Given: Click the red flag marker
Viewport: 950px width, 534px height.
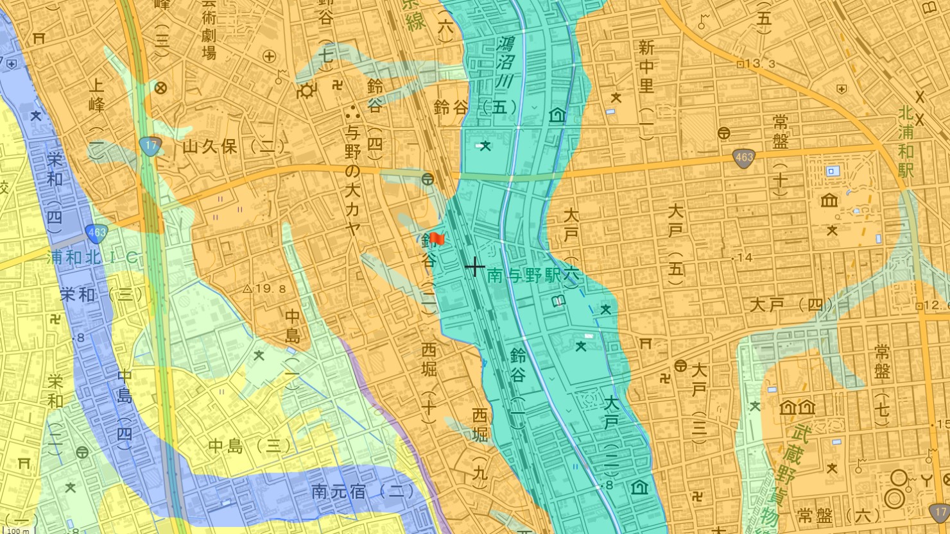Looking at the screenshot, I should click(436, 238).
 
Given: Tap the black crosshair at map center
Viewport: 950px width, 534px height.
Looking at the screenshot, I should click(474, 266).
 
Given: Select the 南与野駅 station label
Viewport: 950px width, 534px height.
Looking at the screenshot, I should click(524, 276).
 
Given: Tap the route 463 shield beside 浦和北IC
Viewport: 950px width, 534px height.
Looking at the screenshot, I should click(96, 232).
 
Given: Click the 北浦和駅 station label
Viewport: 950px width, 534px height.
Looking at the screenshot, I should click(906, 142).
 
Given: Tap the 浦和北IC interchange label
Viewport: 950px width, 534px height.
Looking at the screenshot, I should click(93, 258).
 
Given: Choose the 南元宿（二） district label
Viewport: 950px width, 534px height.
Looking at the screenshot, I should click(363, 492).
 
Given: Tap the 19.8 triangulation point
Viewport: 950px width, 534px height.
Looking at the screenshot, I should click(264, 289).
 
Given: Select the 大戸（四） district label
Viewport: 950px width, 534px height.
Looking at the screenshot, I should click(786, 305).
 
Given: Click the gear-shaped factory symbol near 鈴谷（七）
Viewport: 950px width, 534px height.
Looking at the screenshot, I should click(307, 92).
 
